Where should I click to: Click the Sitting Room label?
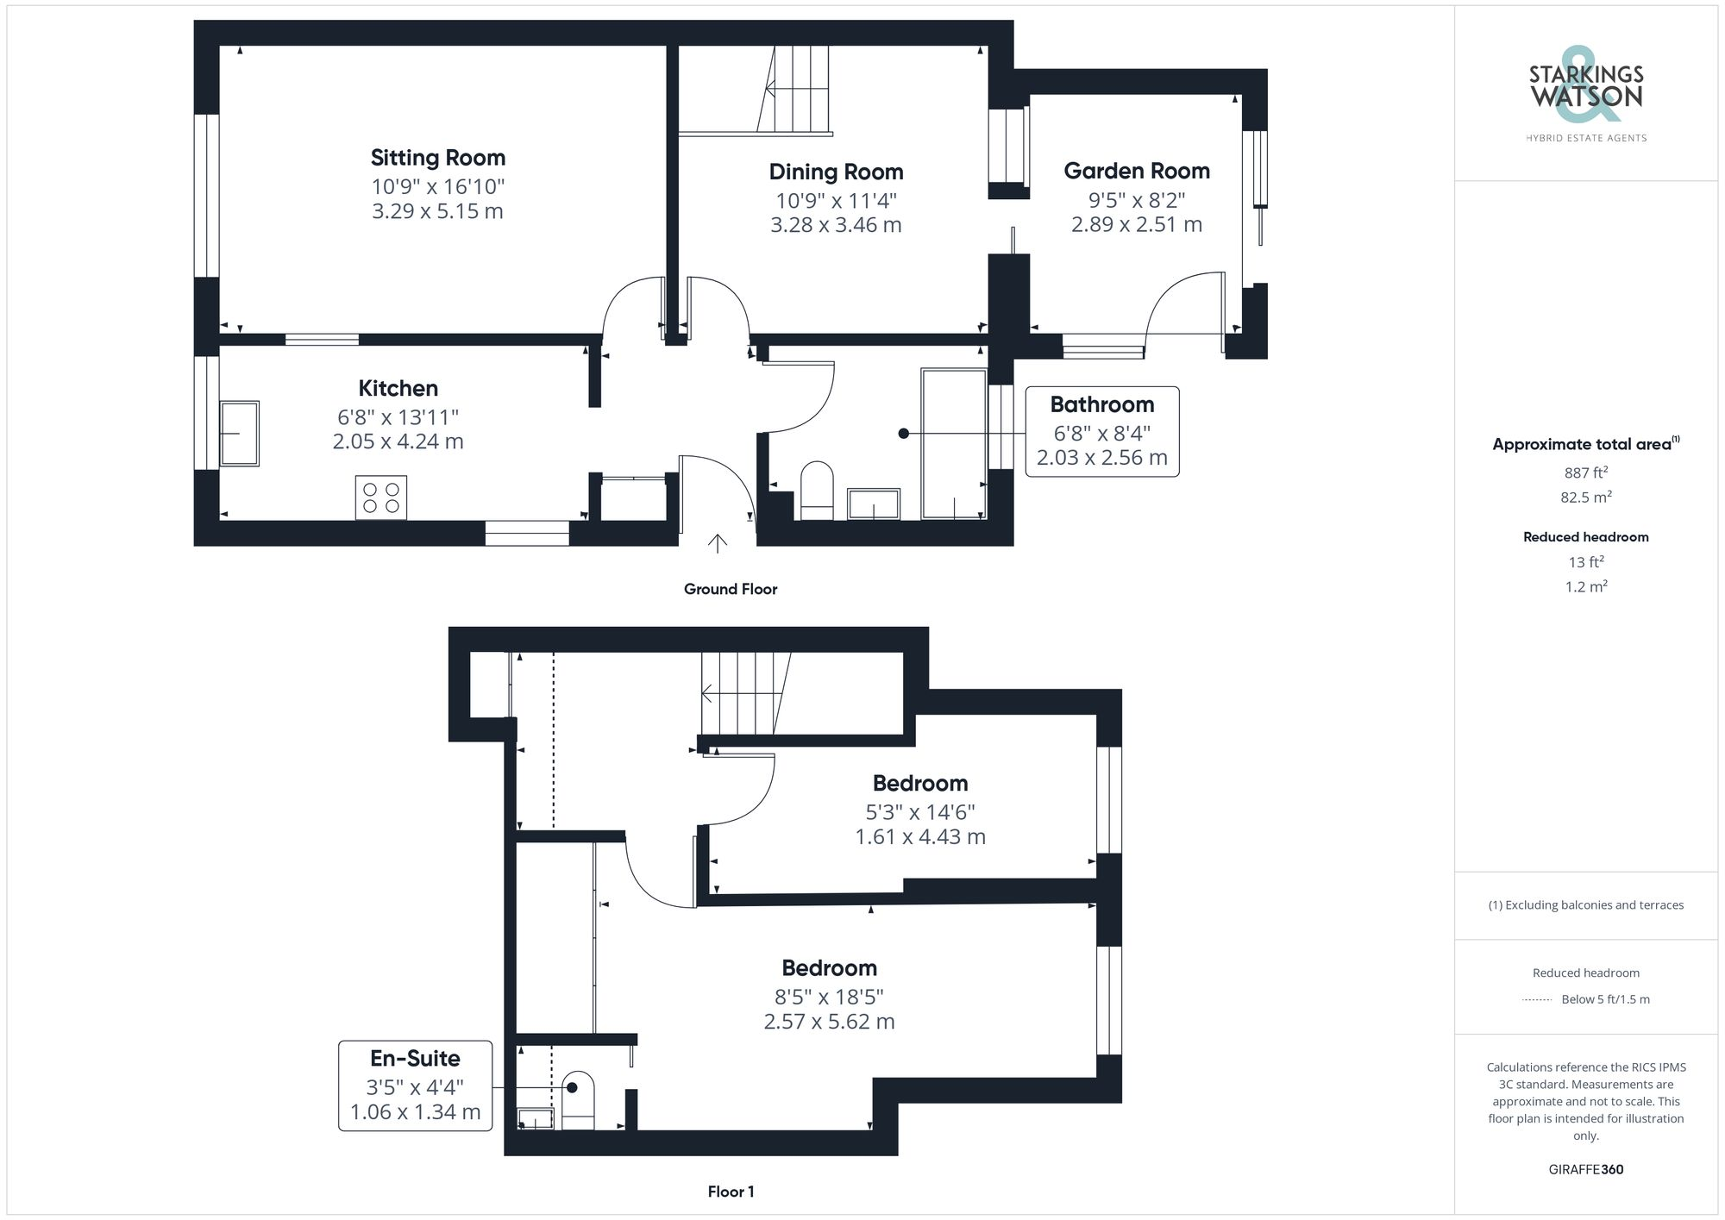pos(437,158)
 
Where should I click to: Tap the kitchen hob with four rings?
pos(380,497)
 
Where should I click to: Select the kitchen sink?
pos(239,433)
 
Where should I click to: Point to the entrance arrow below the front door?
pos(717,543)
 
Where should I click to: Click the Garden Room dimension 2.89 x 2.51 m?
pos(1136,225)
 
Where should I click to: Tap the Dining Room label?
pos(836,172)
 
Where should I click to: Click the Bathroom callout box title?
pos(1101,404)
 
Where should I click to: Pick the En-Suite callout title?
pos(415,1058)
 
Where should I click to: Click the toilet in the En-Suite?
pos(578,1099)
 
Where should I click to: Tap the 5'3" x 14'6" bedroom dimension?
pos(919,812)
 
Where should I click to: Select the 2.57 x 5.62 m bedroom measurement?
pos(829,1022)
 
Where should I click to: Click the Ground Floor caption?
pos(730,589)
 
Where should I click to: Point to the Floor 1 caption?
pos(731,1192)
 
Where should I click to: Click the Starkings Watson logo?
pos(1585,91)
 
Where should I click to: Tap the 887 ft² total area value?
pos(1585,472)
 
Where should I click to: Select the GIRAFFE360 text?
pos(1585,1170)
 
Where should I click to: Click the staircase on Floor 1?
pos(744,692)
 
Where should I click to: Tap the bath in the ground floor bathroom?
pos(953,444)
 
